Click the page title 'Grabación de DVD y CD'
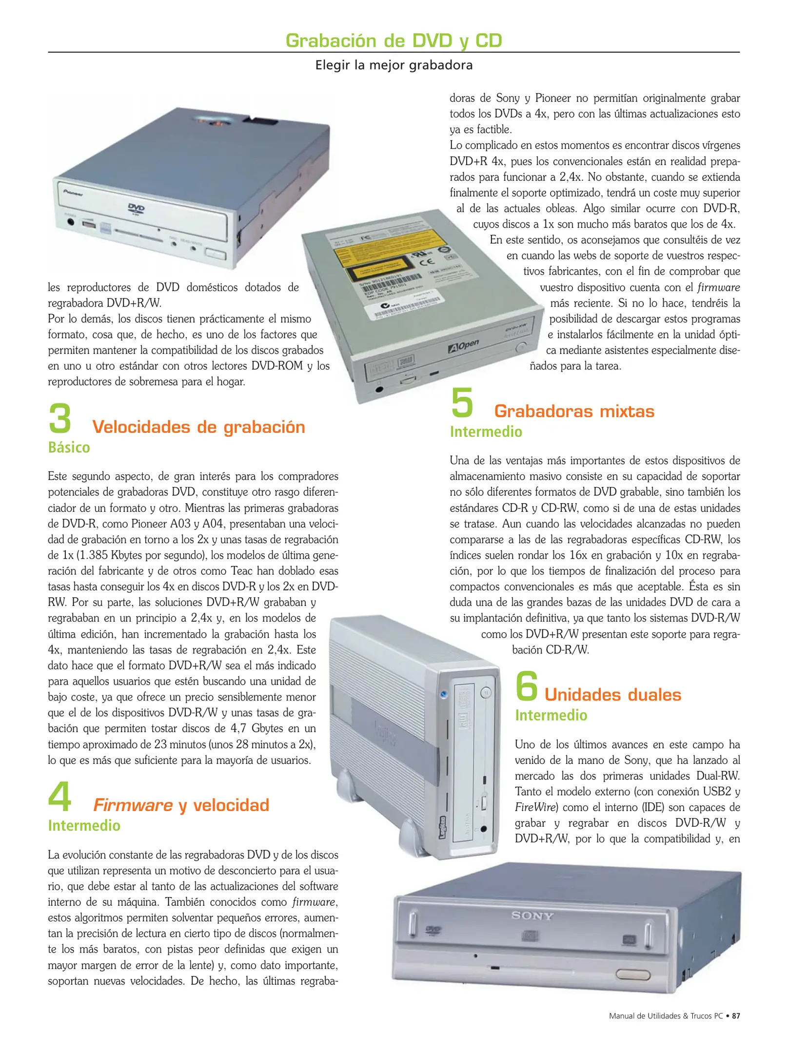(394, 40)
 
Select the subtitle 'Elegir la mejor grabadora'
(394, 65)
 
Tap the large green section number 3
(60, 419)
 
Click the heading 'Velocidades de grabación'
(198, 427)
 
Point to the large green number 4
(59, 797)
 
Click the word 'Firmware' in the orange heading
(133, 805)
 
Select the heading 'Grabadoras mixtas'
(574, 411)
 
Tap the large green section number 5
(462, 403)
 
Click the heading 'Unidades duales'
(612, 695)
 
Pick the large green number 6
(527, 686)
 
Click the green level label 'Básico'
(69, 448)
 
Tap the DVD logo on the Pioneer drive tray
(136, 209)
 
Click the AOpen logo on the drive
(463, 346)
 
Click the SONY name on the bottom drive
(532, 916)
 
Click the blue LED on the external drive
(443, 694)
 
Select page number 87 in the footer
(736, 1016)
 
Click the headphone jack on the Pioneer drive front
(71, 222)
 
